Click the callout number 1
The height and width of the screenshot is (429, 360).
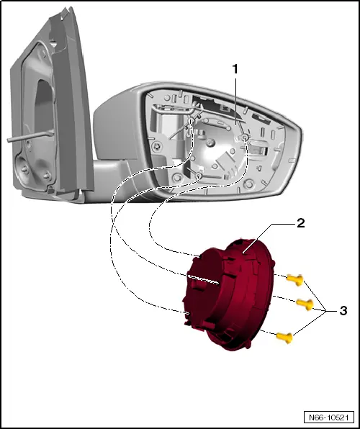[x=234, y=69]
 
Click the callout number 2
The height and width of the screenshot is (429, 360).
[x=300, y=223]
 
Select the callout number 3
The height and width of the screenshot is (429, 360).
[x=343, y=311]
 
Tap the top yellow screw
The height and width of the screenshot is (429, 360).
[x=292, y=277]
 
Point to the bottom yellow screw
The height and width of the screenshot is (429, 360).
[x=286, y=334]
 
